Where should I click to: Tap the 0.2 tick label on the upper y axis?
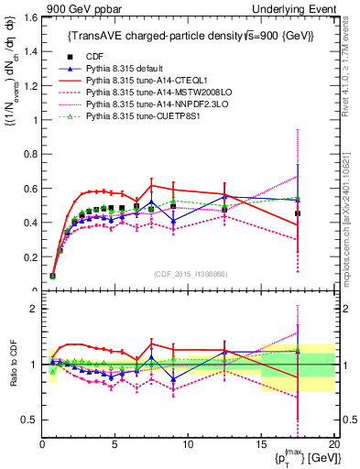point(29,256)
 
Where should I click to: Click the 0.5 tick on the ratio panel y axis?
point(29,420)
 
